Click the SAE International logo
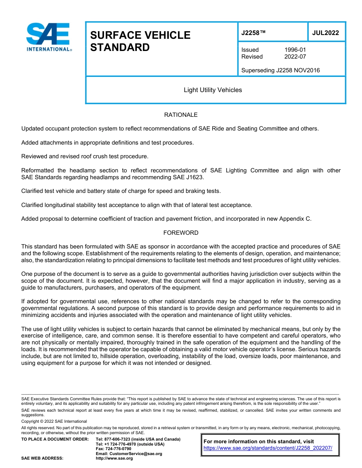[x=48, y=37]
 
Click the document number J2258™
[x=253, y=33]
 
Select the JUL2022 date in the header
[x=325, y=33]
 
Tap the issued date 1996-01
[x=295, y=50]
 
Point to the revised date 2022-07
[x=295, y=57]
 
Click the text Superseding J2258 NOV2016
[x=280, y=70]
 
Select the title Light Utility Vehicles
[x=213, y=90]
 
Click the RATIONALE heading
[x=181, y=115]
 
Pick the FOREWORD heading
[x=181, y=233]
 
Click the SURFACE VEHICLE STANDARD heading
[x=140, y=41]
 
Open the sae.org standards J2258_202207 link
[x=268, y=448]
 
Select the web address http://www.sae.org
[x=114, y=458]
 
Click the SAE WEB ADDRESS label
[x=42, y=458]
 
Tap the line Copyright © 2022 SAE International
[x=54, y=421]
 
